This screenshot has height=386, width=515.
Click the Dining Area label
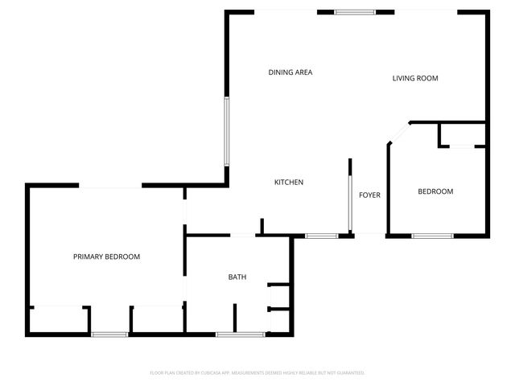pos(290,72)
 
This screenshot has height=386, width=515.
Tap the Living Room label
pos(414,78)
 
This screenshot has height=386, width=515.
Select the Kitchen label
pos(289,183)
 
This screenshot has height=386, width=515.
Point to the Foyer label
pos(369,195)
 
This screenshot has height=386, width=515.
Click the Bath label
pos(237,277)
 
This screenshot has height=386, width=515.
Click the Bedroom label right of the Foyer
pos(435,191)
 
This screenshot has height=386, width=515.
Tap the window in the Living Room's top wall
pos(355,12)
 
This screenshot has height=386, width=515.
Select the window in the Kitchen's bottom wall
pos(322,236)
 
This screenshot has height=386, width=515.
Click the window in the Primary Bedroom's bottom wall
pos(109,334)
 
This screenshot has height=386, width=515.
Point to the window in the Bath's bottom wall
pos(241,334)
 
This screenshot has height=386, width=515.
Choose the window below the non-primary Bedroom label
pos(433,236)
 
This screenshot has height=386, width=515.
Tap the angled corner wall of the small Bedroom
pos(399,133)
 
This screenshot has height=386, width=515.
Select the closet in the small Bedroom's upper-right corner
pos(462,134)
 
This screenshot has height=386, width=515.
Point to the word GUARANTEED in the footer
pos(349,373)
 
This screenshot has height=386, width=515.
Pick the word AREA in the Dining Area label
pos(303,72)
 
